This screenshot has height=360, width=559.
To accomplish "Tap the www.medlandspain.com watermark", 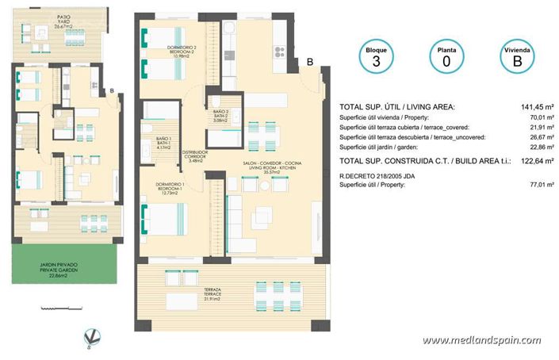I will coord(481,341).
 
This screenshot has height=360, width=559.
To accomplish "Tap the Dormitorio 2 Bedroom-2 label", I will coord(182,52).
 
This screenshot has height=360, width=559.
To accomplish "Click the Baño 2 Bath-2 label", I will coord(220,116).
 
